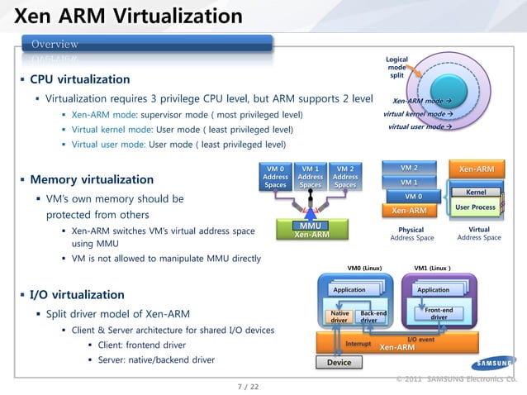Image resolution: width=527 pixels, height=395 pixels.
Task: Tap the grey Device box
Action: coord(339,362)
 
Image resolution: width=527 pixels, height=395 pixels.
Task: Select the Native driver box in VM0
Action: coord(339,317)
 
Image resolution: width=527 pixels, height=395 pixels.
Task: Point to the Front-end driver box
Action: coord(438,313)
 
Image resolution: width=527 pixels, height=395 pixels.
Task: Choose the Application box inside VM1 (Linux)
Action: coord(433,290)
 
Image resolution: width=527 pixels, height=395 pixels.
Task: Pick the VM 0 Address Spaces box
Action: coord(275,177)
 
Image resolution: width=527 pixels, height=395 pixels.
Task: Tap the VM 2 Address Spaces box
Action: coord(345,177)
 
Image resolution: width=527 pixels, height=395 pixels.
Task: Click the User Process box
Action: coord(475,207)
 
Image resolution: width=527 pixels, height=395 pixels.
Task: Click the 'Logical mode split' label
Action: coord(396,68)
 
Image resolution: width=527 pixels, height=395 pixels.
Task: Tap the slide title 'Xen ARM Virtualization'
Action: coord(129,16)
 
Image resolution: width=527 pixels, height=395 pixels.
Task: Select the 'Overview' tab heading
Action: coord(55,44)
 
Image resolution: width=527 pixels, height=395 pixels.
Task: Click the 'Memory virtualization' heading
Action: coord(91,179)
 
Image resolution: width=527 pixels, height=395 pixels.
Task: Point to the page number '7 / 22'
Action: coord(248,386)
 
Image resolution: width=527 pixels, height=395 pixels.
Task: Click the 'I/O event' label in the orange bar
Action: coord(421,340)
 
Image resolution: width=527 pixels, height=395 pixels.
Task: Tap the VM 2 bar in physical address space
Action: coord(409,168)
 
